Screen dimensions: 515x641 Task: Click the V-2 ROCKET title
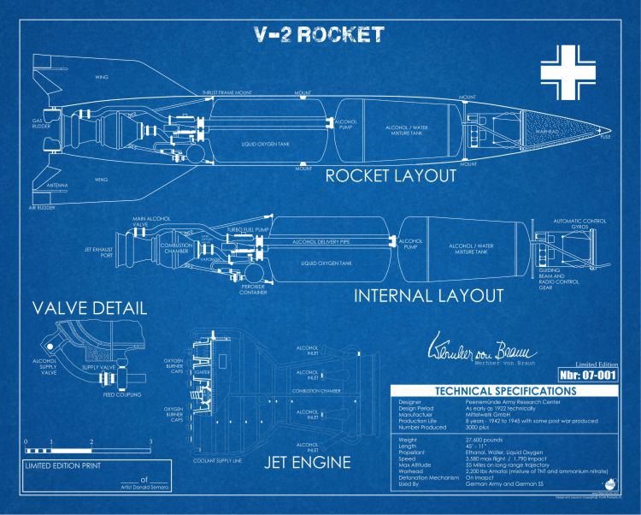click(320, 35)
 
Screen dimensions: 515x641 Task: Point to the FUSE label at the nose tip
click(606, 137)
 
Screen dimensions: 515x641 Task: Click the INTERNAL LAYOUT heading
click(428, 296)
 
